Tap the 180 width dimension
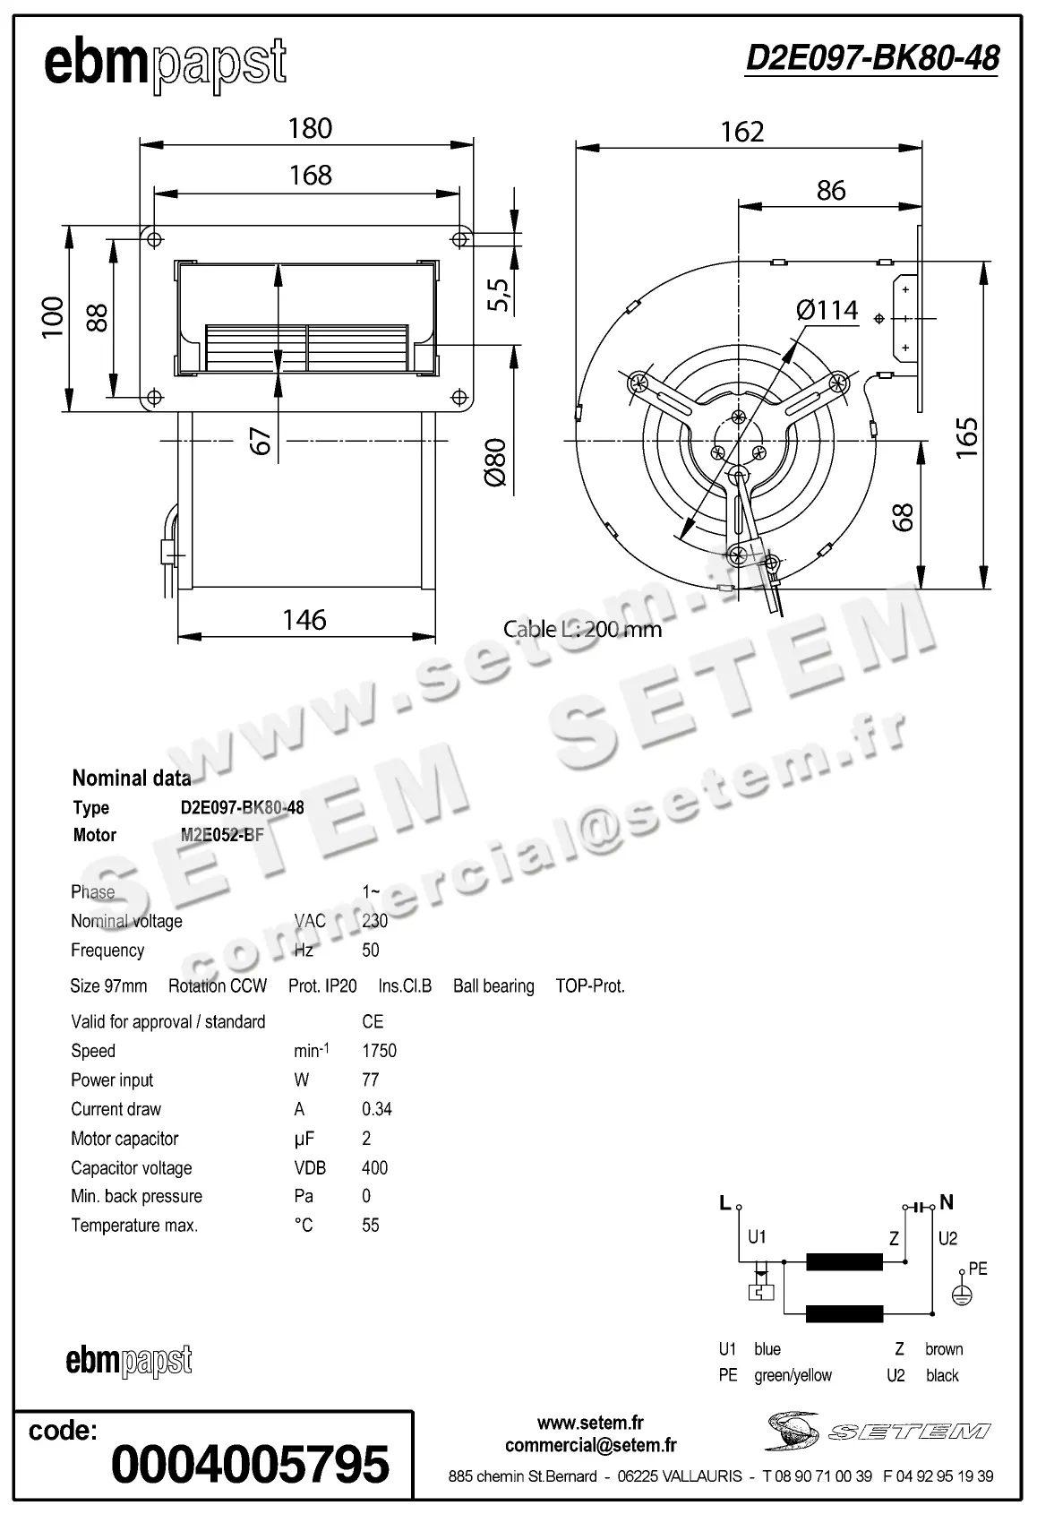(x=310, y=128)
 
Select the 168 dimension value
(x=310, y=175)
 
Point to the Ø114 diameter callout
(x=827, y=310)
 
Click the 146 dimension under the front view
(x=304, y=620)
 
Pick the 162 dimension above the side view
(x=742, y=132)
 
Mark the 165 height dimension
(x=967, y=438)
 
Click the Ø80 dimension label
(x=495, y=462)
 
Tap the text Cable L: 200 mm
(x=582, y=629)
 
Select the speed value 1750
(x=379, y=1051)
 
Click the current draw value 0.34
(x=377, y=1109)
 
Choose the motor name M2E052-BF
(x=222, y=835)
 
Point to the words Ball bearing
(x=493, y=986)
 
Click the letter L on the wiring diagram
(x=725, y=1203)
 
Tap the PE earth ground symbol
(x=961, y=1295)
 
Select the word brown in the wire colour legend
(x=944, y=1349)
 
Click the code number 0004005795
(x=250, y=1464)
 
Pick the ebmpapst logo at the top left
(x=165, y=64)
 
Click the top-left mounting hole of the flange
(x=154, y=239)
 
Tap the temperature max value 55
(x=371, y=1225)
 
